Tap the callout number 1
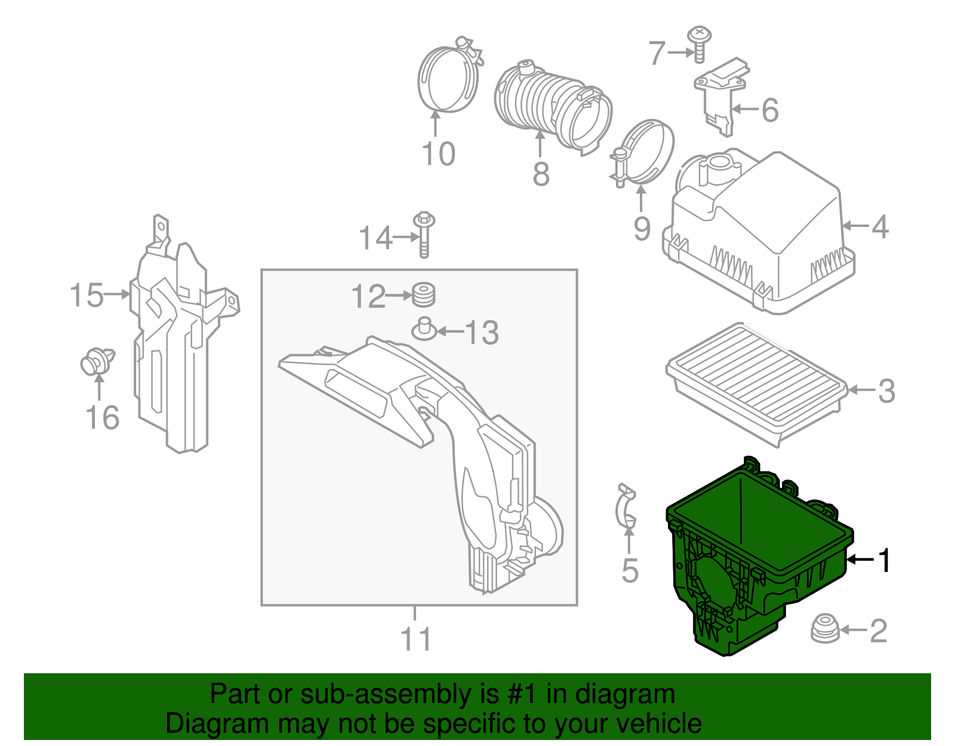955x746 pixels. click(884, 560)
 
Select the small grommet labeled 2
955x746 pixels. click(825, 629)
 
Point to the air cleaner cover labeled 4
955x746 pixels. click(758, 233)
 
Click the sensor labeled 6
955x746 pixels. click(720, 96)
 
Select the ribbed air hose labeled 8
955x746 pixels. click(552, 108)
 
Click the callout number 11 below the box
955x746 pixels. click(416, 639)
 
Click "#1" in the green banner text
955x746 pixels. click(523, 694)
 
